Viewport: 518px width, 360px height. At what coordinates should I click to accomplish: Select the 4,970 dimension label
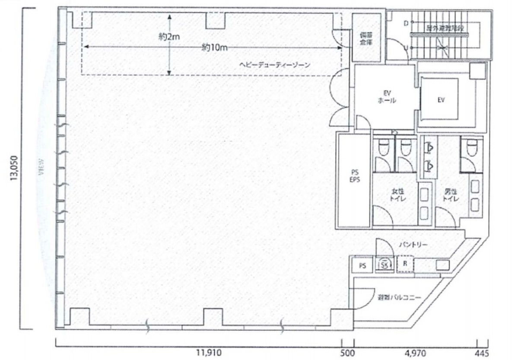click(415, 352)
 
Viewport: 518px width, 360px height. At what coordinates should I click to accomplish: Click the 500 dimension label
click(347, 352)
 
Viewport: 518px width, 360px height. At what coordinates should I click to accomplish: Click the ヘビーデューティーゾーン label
click(276, 65)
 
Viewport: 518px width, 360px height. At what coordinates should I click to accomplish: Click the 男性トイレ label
click(450, 196)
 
